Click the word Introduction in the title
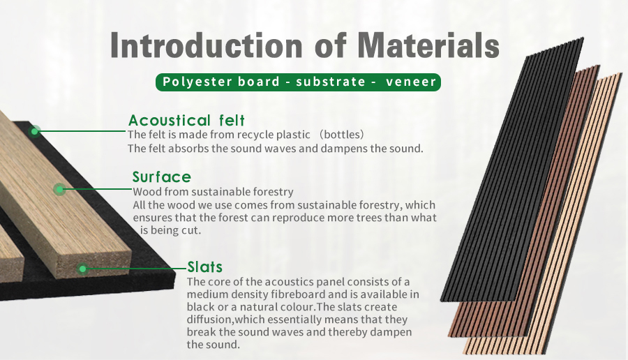[206, 45]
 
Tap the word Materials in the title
[428, 45]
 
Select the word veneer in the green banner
[411, 82]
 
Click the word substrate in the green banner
[331, 82]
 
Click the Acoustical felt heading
[186, 120]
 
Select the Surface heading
[162, 177]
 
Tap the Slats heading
[204, 267]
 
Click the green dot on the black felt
[35, 131]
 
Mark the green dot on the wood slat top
[60, 189]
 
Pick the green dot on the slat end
[82, 269]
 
